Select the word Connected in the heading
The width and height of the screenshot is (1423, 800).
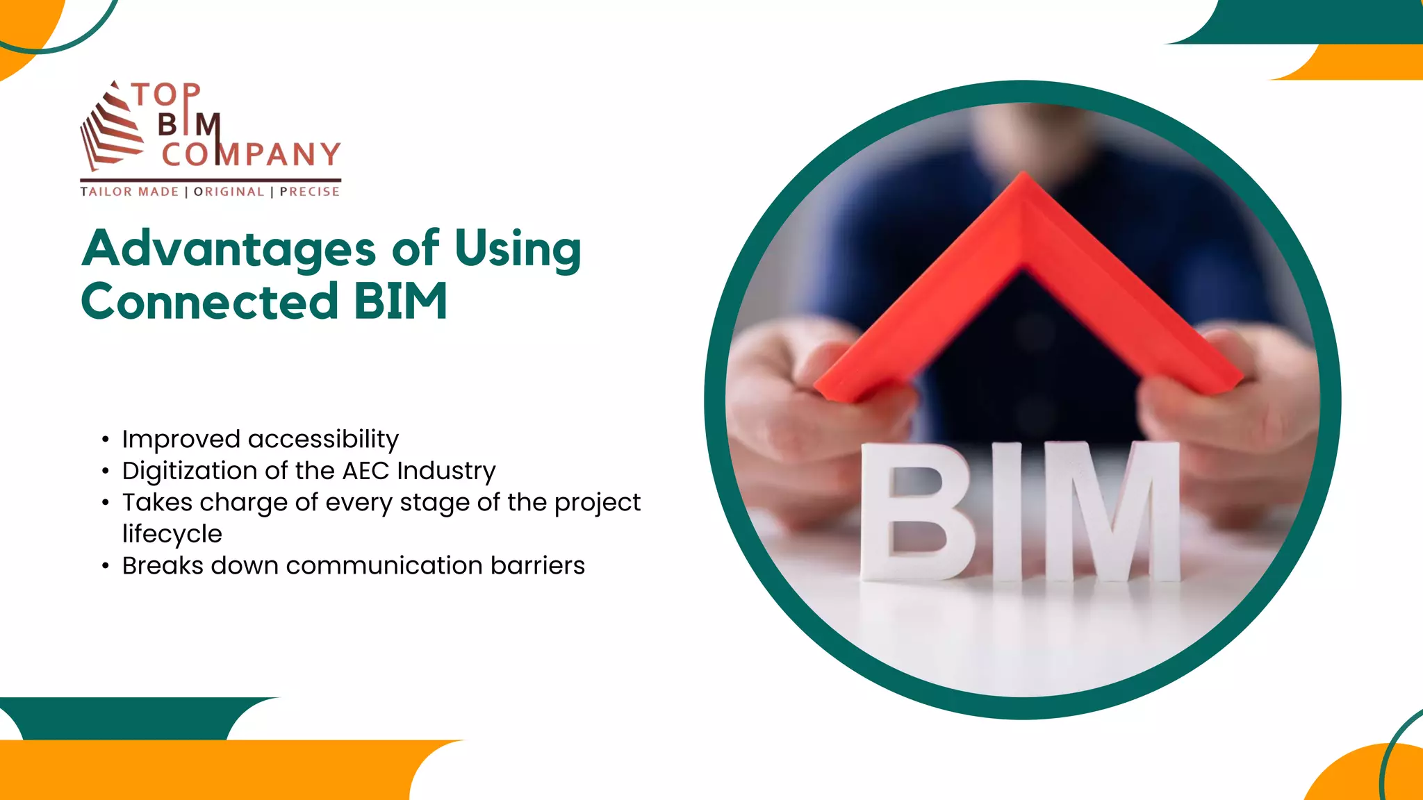coord(209,302)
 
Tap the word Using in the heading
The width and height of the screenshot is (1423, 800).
coord(518,249)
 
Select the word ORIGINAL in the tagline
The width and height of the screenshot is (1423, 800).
coord(229,192)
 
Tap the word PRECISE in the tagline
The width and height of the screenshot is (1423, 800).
coord(310,192)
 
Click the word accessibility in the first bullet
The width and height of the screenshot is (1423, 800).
coord(323,439)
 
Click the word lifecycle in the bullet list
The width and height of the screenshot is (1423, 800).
coord(172,534)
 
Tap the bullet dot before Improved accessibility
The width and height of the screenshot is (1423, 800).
coord(105,440)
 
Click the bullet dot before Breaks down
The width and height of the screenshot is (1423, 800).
coord(105,567)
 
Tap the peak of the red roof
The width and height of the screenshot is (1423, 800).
coord(1022,182)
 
